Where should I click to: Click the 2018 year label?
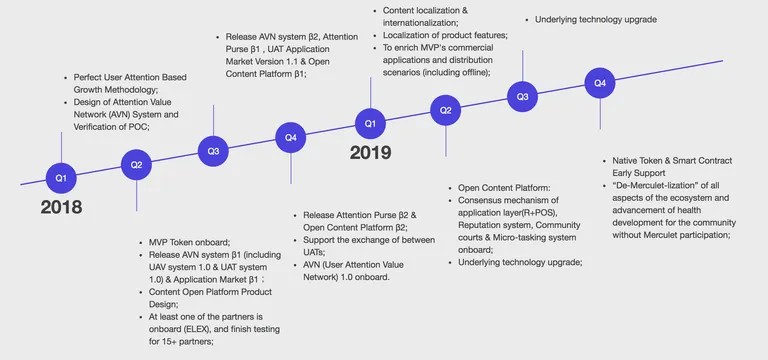pos(61,207)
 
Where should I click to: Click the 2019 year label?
pos(370,153)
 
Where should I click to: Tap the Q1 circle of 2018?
pos(61,178)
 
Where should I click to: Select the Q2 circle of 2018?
pos(136,165)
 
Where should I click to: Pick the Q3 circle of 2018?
pos(213,151)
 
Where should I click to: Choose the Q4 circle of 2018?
pos(291,138)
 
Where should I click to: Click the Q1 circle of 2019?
pos(370,123)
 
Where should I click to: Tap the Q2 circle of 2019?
pos(446,110)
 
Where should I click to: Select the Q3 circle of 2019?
pos(523,96)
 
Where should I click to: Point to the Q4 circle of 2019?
pos(600,83)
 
